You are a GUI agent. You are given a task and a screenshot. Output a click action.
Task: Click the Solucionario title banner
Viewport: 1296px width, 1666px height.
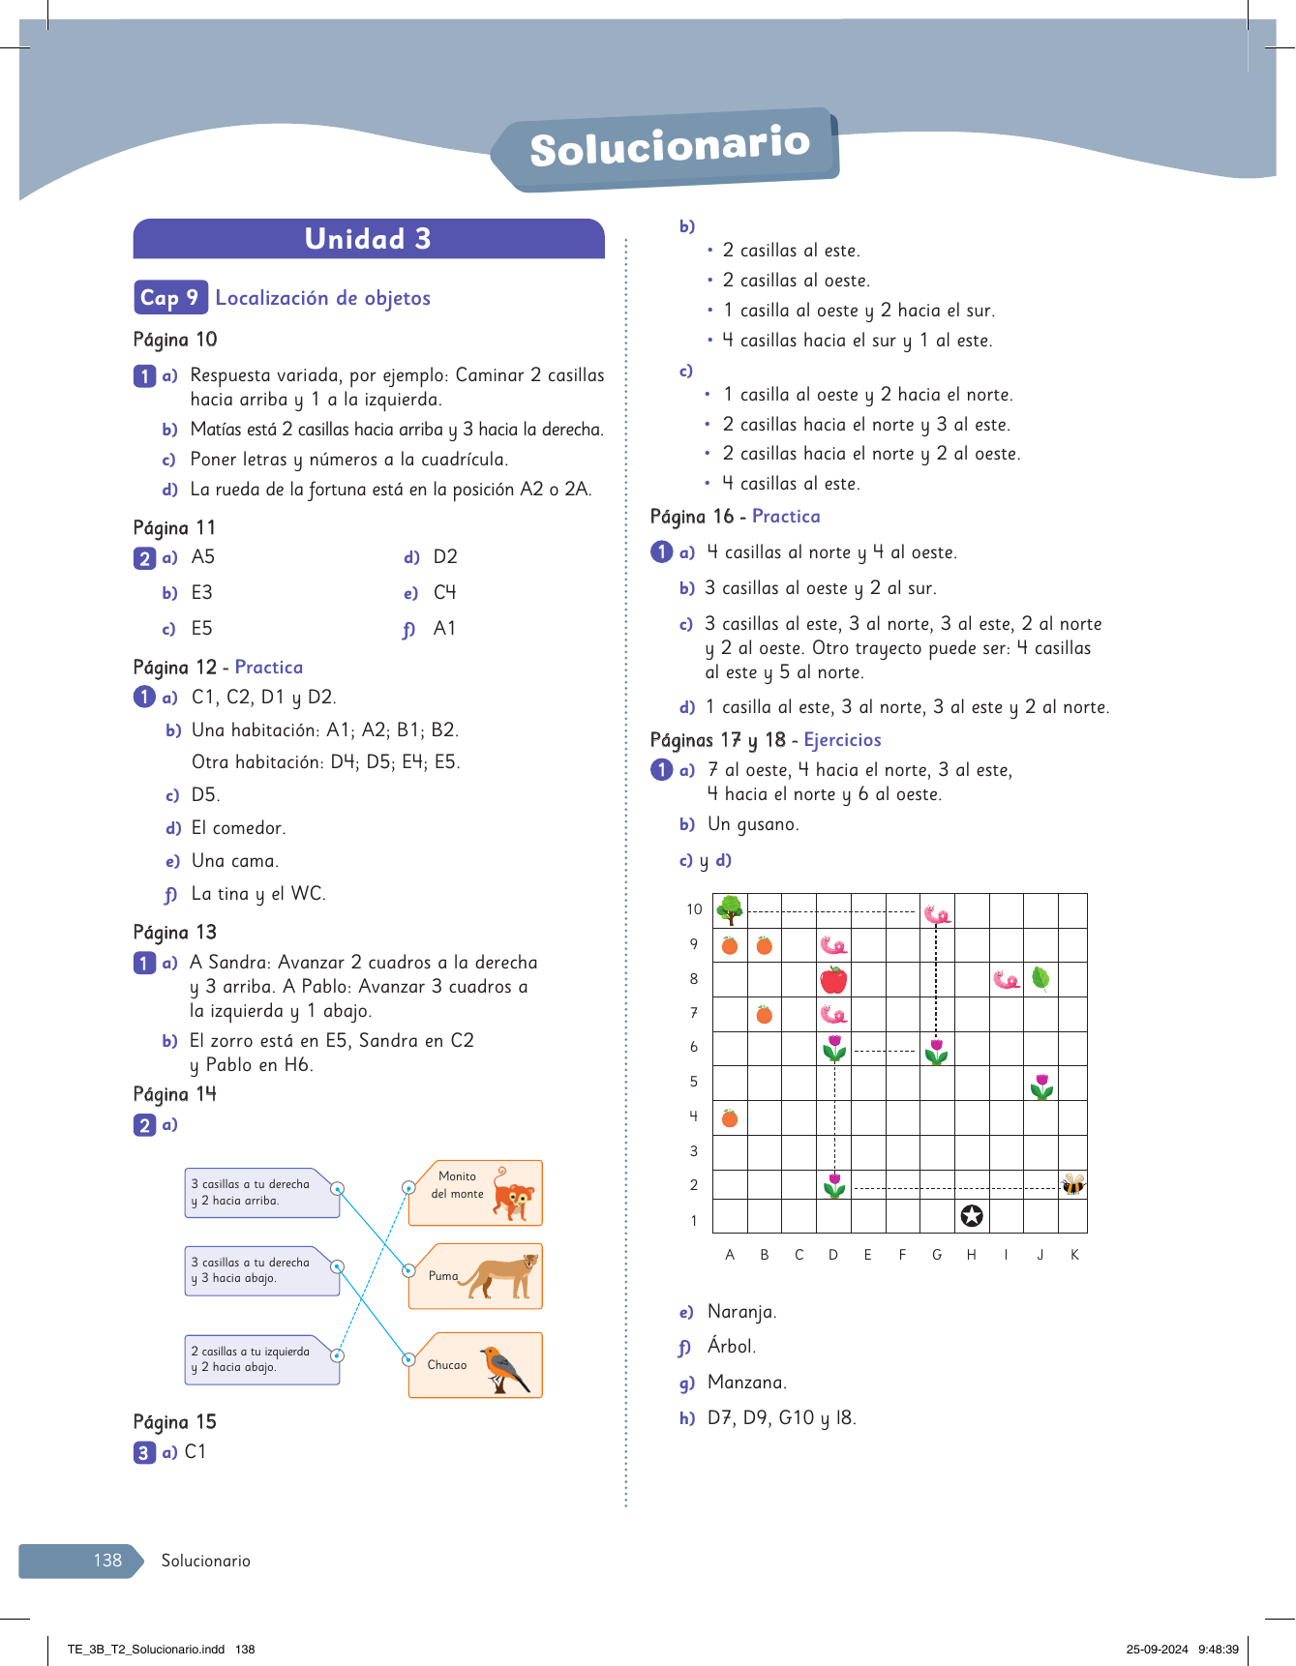pos(668,148)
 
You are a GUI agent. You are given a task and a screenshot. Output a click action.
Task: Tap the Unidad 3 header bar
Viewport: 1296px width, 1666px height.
pos(369,239)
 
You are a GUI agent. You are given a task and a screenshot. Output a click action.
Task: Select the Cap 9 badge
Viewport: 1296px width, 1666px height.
pos(169,298)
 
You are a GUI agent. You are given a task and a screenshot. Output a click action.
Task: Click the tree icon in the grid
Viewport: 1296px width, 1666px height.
pos(730,909)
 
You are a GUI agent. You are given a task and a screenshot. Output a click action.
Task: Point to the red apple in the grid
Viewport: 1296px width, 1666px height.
pos(833,980)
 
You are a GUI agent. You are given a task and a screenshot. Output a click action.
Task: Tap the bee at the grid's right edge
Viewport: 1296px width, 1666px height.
pos(1073,1185)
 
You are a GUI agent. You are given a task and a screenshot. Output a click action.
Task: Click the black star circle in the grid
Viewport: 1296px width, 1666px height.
pos(972,1216)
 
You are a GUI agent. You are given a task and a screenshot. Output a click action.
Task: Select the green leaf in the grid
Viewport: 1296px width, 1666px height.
pos(1040,978)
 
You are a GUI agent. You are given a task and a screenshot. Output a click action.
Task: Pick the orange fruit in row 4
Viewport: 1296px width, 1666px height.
pos(730,1118)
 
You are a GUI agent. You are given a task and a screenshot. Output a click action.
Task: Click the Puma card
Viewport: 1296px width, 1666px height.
pos(475,1276)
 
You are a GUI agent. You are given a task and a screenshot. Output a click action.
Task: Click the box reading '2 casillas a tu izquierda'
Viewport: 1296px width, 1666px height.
pos(261,1359)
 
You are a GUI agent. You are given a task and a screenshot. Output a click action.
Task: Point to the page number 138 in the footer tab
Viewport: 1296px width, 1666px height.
pos(107,1561)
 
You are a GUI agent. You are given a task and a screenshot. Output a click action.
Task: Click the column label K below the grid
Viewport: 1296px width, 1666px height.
pos(1074,1255)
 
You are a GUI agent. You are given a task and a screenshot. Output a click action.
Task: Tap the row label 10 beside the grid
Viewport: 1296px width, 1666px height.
pos(694,909)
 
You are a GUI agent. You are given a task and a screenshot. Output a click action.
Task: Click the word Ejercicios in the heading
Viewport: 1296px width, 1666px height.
pos(842,740)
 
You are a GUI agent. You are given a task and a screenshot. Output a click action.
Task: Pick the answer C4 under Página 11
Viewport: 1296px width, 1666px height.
pos(444,592)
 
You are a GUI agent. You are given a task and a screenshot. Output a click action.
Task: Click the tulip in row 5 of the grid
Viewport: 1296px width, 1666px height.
pos(1041,1085)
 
